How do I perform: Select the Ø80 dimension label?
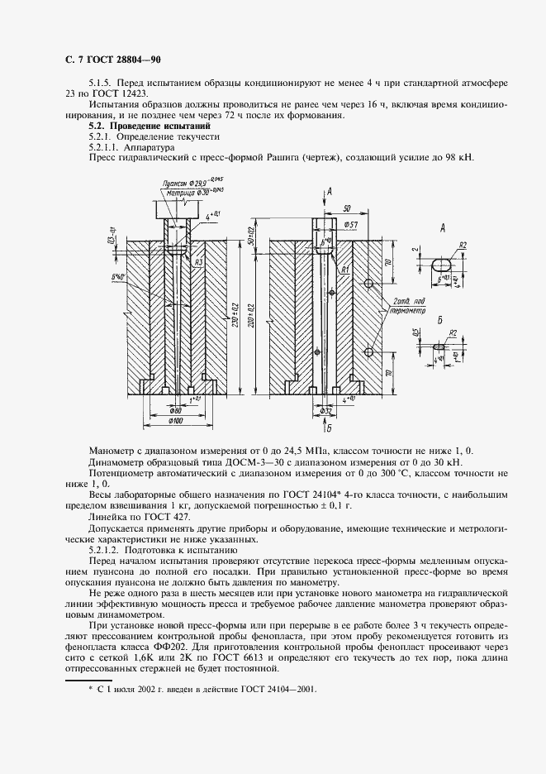tap(175, 410)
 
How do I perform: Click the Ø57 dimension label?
tap(350, 224)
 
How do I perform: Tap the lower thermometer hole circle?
tap(369, 353)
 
